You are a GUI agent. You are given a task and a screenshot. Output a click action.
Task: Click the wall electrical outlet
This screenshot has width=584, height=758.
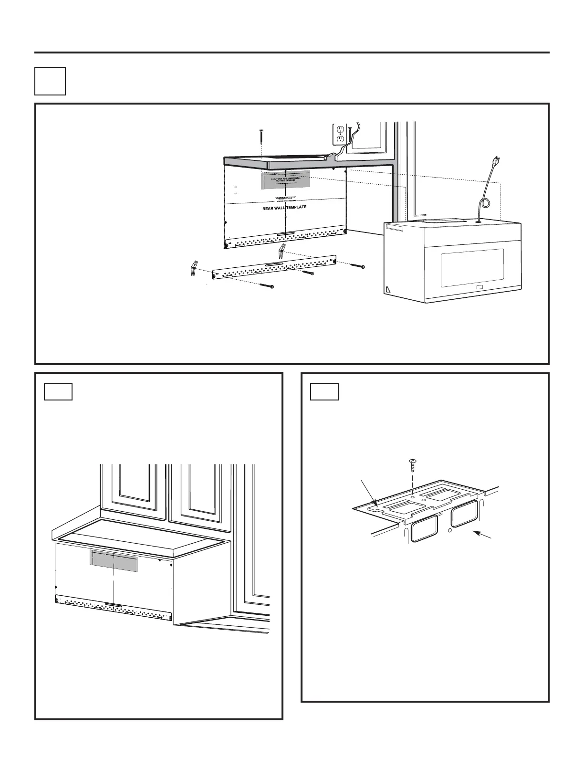tap(339, 134)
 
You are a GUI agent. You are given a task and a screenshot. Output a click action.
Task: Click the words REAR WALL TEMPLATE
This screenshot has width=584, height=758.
tap(284, 208)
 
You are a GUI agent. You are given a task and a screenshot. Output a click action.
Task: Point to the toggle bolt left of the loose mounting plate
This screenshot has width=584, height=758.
tap(194, 269)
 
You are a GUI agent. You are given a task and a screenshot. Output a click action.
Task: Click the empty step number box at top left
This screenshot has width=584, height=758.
tap(50, 81)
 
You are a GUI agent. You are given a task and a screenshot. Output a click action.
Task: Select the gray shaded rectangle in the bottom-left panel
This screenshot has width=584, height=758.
tap(114, 560)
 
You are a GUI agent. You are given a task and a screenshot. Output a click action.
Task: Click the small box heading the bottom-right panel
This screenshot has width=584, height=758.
tap(324, 391)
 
